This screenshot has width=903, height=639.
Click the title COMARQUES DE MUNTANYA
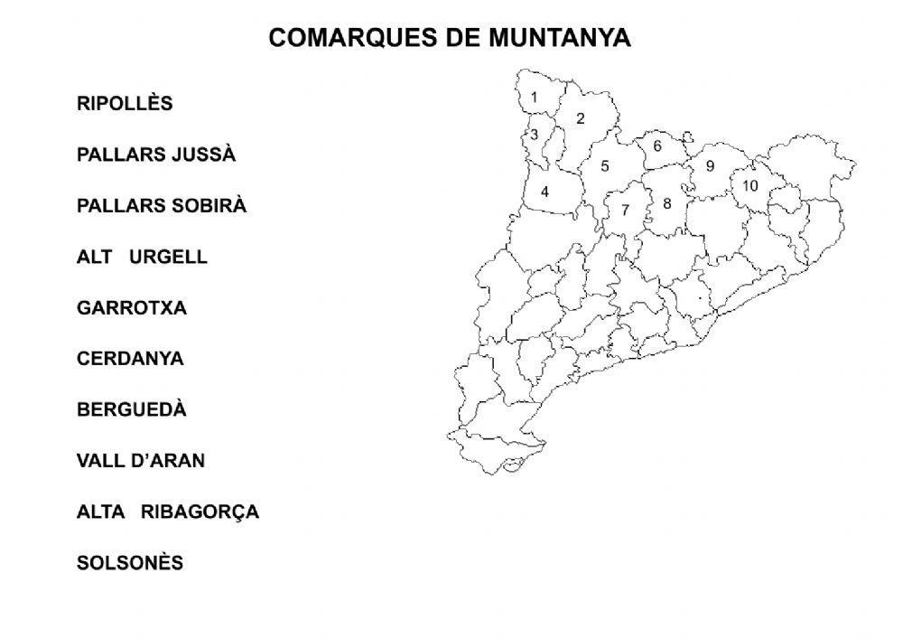(450, 38)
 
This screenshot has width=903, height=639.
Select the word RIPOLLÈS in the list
(125, 104)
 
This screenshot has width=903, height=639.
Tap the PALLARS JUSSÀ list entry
(156, 155)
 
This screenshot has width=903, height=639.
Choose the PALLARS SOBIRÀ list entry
(162, 206)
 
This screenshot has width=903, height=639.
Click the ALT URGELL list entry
(142, 257)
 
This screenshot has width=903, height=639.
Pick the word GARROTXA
(132, 308)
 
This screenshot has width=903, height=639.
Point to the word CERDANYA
(130, 359)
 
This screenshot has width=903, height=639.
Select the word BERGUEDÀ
(132, 409)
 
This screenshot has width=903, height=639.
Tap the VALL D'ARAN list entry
(141, 461)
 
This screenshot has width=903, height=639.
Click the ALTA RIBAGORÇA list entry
(168, 512)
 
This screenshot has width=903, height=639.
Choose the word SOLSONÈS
(130, 563)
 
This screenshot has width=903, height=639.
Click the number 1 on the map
(534, 98)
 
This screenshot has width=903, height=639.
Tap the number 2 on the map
(581, 118)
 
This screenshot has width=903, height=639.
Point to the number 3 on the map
(534, 135)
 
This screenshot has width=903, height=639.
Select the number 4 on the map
(545, 192)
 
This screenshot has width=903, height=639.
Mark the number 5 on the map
(605, 166)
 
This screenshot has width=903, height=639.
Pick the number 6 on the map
(657, 146)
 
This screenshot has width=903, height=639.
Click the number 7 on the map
(625, 210)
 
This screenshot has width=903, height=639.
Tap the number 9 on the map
(710, 166)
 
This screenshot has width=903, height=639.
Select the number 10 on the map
(749, 186)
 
